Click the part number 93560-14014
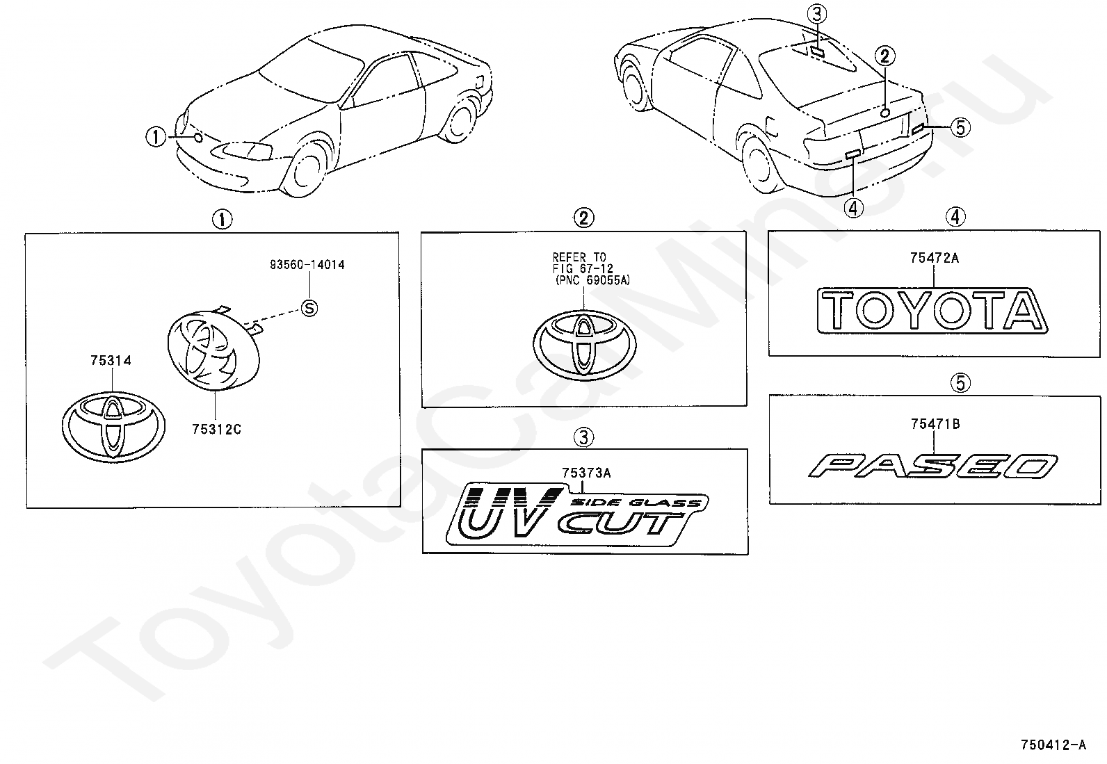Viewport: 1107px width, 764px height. click(x=307, y=265)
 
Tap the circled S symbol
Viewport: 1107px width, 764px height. click(x=309, y=307)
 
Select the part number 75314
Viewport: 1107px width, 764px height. click(x=111, y=361)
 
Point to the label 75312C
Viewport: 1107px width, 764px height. click(x=216, y=429)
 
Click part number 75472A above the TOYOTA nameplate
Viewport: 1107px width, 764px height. click(x=934, y=258)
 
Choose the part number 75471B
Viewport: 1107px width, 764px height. click(x=935, y=423)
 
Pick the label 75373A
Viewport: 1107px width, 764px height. click(x=586, y=473)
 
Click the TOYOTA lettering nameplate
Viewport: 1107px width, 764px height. click(x=932, y=309)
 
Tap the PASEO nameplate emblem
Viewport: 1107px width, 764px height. click(x=932, y=466)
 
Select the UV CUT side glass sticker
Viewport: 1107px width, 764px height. click(x=577, y=514)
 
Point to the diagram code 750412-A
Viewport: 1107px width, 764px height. click(x=1053, y=745)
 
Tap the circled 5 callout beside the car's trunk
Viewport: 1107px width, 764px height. click(x=960, y=127)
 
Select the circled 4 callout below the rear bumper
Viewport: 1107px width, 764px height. click(x=853, y=207)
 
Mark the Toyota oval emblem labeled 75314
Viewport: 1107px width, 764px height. click(x=113, y=426)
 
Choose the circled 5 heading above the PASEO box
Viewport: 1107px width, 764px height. click(x=960, y=382)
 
